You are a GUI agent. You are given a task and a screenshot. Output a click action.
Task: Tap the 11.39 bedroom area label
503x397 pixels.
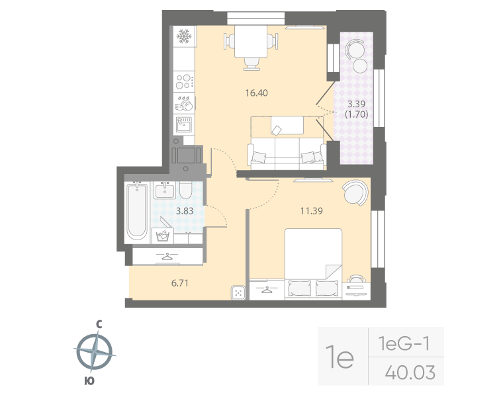pos(310,211)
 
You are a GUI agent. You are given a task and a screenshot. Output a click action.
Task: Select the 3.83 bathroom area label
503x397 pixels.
pos(184,211)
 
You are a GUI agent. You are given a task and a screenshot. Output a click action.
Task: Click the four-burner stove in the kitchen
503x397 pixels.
pos(185,82)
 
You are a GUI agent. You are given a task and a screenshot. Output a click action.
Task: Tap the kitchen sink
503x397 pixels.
pos(183,123)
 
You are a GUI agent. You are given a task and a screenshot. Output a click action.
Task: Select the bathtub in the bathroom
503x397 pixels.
pos(137,212)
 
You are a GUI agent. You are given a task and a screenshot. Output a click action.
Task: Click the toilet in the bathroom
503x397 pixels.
pos(186,191)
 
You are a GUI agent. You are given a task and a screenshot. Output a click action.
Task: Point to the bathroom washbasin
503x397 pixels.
pos(165,191)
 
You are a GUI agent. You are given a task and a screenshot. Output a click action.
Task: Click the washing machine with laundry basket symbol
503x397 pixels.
pos(163,236)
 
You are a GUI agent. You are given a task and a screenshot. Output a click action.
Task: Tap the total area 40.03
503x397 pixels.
pos(409,373)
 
